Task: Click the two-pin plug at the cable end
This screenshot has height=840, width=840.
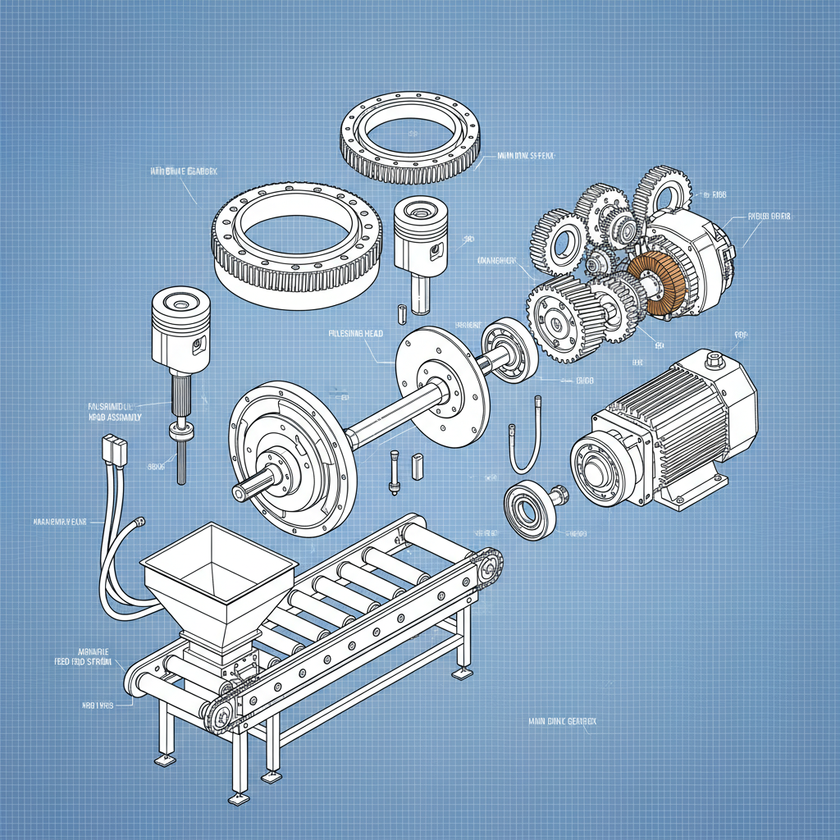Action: click(x=113, y=450)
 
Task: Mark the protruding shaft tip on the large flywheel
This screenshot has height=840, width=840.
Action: click(x=247, y=491)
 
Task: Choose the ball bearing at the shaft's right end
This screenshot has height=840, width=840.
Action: click(x=508, y=352)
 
